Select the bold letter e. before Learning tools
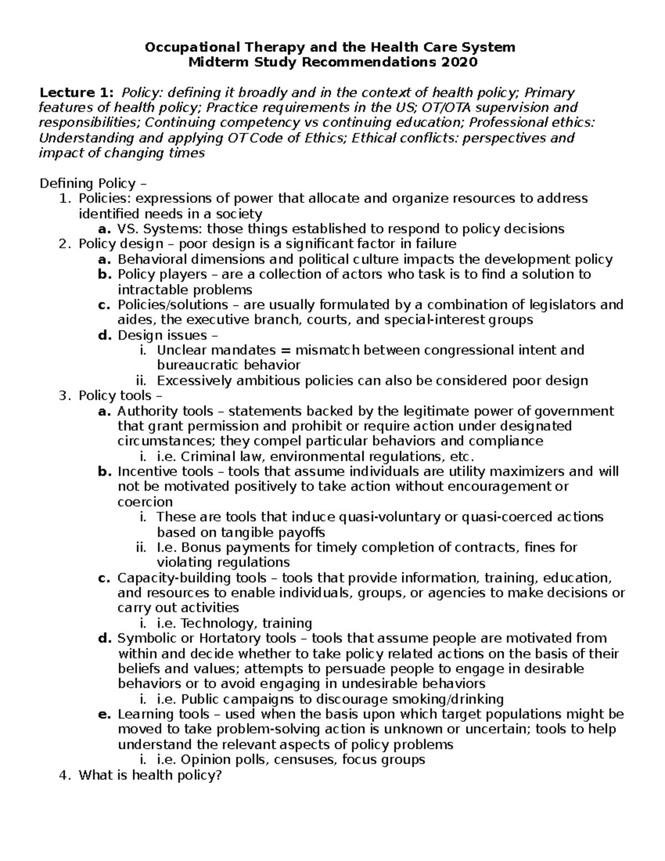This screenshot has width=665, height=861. (105, 714)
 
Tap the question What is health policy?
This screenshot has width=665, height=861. (150, 775)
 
